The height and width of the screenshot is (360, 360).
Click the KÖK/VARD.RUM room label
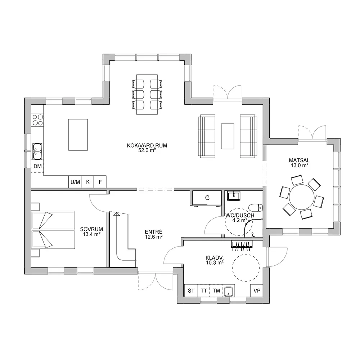point(147,145)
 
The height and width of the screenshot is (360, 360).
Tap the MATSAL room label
point(299,160)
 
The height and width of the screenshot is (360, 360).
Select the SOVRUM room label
point(91,229)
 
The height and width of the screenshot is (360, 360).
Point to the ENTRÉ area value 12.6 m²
point(154,237)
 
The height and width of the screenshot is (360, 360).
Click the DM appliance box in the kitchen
point(37,166)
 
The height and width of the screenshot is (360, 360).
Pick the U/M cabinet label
point(75,182)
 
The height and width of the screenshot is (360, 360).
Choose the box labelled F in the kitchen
point(100,182)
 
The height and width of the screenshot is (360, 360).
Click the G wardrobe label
point(207,198)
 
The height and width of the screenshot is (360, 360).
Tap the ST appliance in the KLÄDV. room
point(191,291)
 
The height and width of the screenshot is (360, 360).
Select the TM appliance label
point(216,291)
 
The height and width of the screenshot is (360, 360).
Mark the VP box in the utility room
point(257,291)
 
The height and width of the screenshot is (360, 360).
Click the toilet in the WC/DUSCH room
point(256,208)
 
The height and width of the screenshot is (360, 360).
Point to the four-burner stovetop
point(38,120)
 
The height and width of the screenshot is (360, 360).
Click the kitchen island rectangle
point(78,135)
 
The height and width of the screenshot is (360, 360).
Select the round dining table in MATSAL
point(301,197)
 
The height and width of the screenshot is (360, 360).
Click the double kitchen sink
point(37,151)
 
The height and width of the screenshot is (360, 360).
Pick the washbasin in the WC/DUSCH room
point(234,196)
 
